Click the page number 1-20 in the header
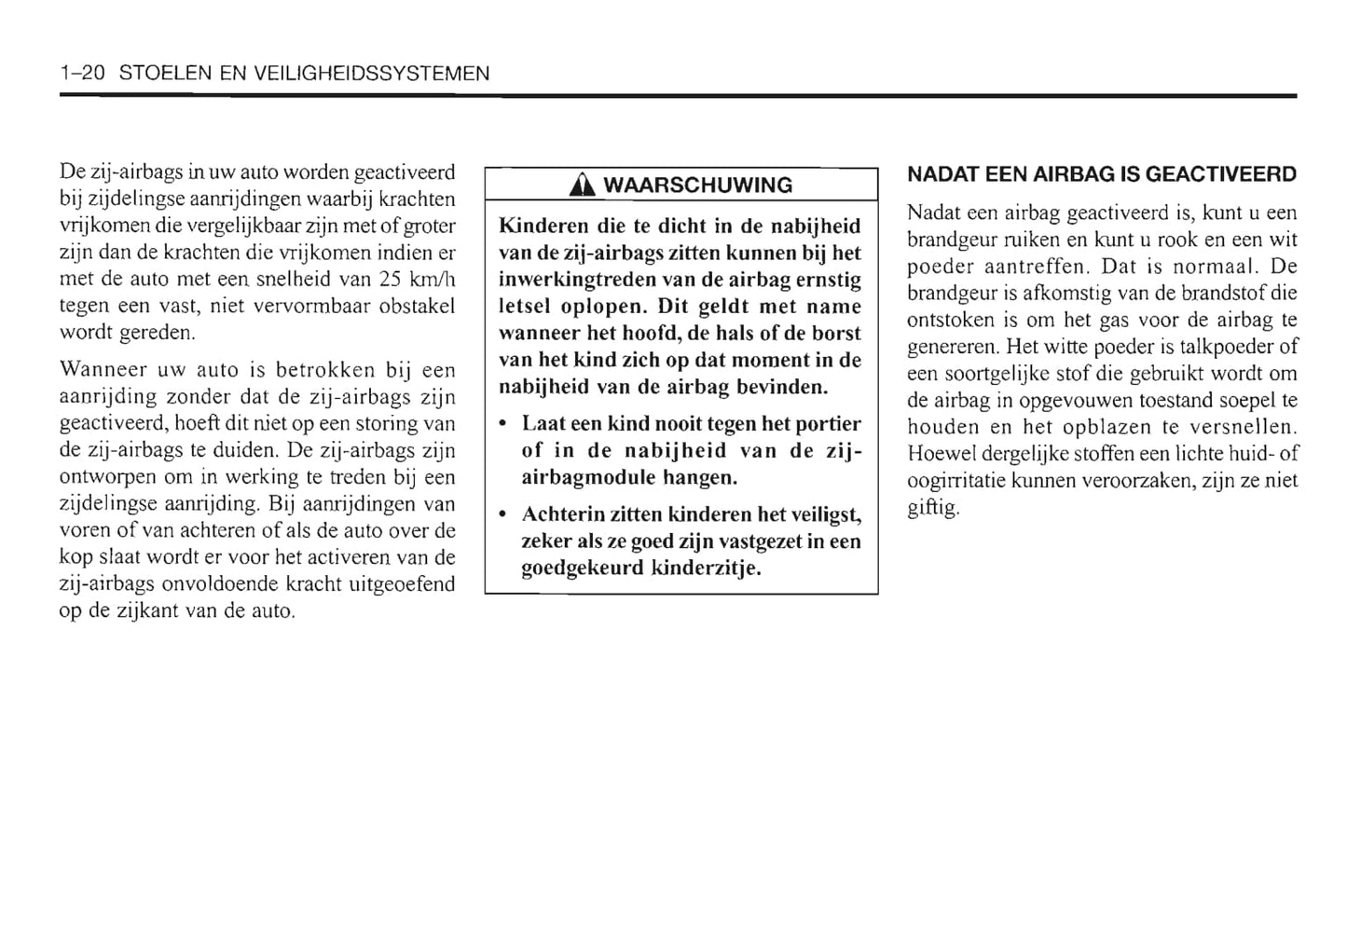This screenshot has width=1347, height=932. tap(82, 74)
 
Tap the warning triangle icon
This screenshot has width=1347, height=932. tap(584, 185)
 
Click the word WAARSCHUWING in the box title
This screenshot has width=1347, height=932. tap(697, 185)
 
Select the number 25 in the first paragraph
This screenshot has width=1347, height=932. tap(390, 280)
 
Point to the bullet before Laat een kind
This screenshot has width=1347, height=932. tap(503, 425)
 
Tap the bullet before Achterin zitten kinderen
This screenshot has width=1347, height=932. tap(503, 515)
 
